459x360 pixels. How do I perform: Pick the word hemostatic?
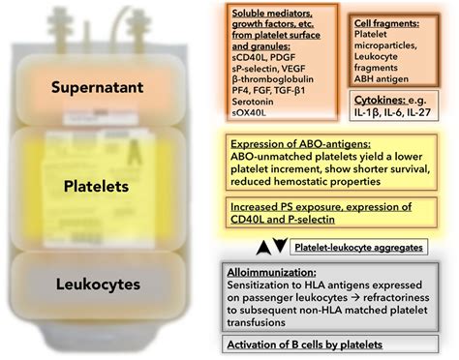347,180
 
